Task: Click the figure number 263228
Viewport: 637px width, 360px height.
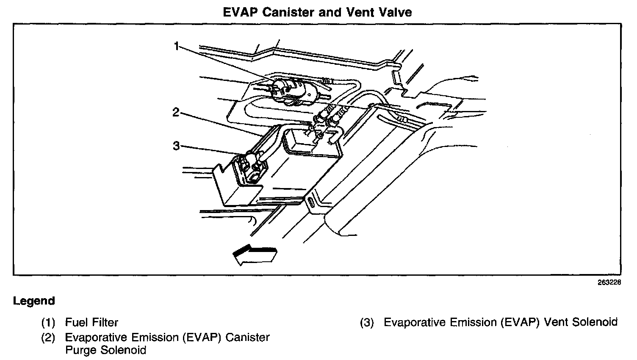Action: [x=609, y=283]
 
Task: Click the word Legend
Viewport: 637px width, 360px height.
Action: [x=34, y=301]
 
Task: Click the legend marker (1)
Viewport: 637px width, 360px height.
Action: [x=48, y=323]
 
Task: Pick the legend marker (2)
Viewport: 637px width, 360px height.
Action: [x=48, y=338]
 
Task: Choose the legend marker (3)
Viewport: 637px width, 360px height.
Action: [x=367, y=323]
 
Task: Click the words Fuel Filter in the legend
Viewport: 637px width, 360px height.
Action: [x=91, y=323]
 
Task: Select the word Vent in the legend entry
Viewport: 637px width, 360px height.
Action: [x=556, y=322]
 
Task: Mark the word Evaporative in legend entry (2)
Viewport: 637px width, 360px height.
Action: [x=96, y=338]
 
